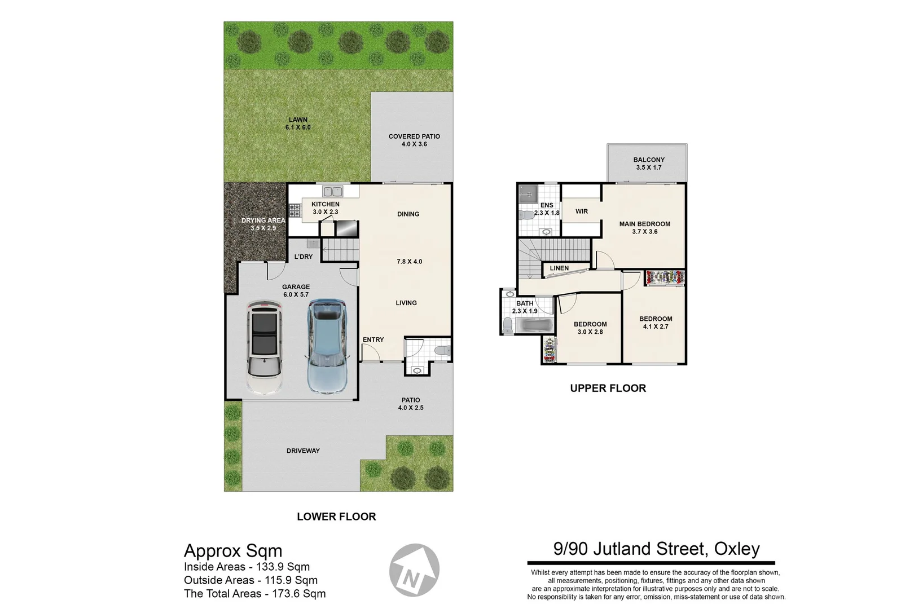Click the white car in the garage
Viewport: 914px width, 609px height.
coord(264,347)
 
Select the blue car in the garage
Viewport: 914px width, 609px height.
coord(327,346)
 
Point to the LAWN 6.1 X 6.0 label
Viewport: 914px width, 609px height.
coord(298,123)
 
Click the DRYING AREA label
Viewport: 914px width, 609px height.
coord(263,224)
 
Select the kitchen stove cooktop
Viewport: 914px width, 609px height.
coord(294,211)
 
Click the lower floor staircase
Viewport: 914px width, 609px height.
coord(340,249)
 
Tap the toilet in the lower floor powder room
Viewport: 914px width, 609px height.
coord(442,350)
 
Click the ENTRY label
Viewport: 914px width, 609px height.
coord(373,339)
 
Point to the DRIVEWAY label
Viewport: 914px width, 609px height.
coord(303,451)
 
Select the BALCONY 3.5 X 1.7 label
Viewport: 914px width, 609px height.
coord(648,164)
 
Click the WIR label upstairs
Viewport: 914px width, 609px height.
coord(582,211)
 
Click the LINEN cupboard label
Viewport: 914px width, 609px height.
coord(559,268)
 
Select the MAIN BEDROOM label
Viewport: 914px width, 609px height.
coord(644,227)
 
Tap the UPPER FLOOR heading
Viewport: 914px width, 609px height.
coord(608,388)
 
